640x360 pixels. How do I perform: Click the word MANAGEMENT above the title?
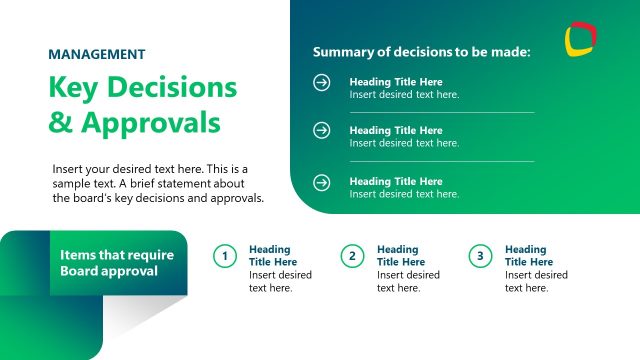[x=97, y=55]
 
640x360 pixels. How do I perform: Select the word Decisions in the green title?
[x=172, y=88]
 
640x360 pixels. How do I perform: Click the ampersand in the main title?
[x=62, y=123]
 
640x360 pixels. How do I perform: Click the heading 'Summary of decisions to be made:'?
[x=421, y=51]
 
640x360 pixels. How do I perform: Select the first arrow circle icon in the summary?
[x=322, y=83]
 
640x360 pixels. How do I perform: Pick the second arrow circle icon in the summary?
[x=322, y=131]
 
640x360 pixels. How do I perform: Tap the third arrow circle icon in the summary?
[x=322, y=182]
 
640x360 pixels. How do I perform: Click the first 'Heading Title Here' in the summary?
[x=395, y=82]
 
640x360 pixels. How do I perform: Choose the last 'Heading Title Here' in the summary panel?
[x=395, y=182]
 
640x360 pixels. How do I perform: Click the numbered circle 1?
[x=225, y=257]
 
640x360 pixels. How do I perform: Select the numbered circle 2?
[x=352, y=257]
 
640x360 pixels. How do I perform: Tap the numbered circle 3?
[x=480, y=257]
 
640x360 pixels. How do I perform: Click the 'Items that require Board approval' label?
[x=116, y=263]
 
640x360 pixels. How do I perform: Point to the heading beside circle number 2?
[x=398, y=256]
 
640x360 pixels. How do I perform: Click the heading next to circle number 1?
[x=272, y=256]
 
